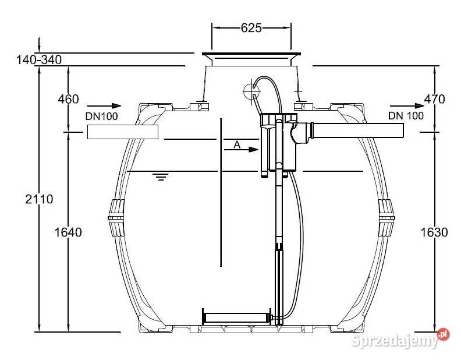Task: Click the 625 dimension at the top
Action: [251, 28]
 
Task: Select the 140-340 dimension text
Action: [39, 59]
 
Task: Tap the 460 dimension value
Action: [68, 99]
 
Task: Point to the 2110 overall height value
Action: [39, 199]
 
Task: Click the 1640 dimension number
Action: [68, 232]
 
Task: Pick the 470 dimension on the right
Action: [434, 99]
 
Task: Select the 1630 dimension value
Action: [434, 232]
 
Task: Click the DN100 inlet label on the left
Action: [101, 116]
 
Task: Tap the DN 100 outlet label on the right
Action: [406, 115]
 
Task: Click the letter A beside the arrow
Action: [237, 144]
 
